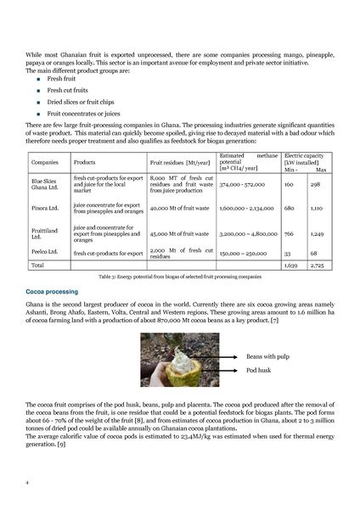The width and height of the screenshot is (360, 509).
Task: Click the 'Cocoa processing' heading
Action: click(53, 291)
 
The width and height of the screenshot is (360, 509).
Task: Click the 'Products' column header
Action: click(84, 161)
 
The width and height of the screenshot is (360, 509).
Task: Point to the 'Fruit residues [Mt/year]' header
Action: click(178, 161)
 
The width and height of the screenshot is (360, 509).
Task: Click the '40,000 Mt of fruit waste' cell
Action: click(179, 207)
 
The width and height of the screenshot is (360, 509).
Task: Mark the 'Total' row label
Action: click(38, 266)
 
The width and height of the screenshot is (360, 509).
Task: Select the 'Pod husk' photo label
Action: click(259, 371)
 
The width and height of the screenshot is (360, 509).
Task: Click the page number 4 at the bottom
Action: click(28, 481)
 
